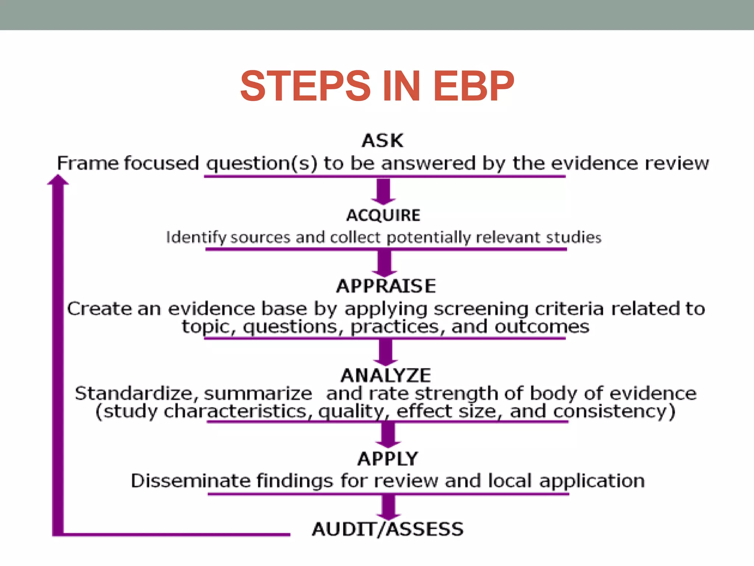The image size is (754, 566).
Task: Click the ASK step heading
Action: click(383, 141)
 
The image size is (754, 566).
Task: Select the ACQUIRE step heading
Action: click(383, 215)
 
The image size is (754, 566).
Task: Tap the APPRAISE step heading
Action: click(386, 286)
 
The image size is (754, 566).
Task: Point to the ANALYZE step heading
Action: click(386, 375)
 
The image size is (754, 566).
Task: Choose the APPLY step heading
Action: click(388, 459)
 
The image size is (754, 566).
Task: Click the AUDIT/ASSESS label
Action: click(388, 529)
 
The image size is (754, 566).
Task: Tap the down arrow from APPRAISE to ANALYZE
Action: click(385, 352)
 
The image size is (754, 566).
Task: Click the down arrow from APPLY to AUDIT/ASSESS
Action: click(388, 507)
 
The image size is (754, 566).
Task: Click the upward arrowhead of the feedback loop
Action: click(58, 180)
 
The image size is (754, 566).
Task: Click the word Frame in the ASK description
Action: click(87, 163)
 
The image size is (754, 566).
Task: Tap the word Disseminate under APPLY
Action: click(190, 481)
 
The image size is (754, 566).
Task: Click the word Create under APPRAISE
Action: click(99, 308)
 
